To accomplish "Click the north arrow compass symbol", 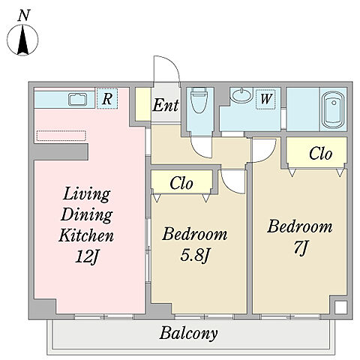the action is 22,40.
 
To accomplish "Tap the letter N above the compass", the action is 24,15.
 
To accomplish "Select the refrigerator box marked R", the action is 107,98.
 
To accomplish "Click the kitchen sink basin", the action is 78,99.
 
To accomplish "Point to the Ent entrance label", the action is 166,105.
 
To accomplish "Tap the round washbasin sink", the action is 241,95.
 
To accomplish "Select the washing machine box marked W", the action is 265,99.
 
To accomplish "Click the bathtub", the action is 333,109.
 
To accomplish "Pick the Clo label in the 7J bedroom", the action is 320,153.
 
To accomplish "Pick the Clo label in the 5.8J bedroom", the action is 181,183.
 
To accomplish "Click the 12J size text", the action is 86,256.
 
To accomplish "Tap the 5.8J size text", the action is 195,255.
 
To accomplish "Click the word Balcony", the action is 188,334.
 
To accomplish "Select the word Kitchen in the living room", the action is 86,235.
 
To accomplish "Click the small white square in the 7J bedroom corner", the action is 340,307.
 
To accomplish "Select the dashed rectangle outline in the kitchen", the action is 61,136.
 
